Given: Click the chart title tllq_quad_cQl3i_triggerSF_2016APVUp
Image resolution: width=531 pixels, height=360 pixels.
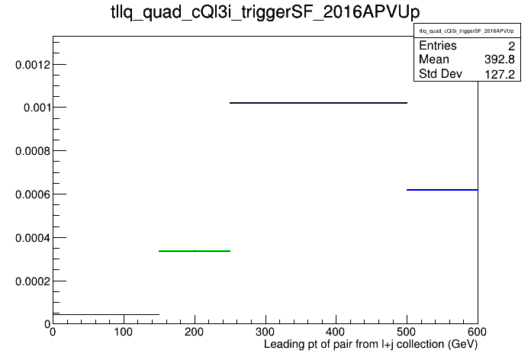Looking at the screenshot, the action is pyautogui.click(x=265, y=12).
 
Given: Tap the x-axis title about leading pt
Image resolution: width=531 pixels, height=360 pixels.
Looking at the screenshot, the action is pyautogui.click(x=371, y=345).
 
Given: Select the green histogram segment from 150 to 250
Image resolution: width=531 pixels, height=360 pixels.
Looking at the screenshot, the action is pyautogui.click(x=195, y=251).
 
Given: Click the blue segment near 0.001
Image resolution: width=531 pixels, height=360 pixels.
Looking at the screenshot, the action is pyautogui.click(x=318, y=103).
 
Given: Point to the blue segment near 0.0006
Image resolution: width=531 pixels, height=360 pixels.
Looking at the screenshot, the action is pyautogui.click(x=443, y=190).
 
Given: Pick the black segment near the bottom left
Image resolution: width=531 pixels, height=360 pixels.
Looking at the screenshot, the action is pyautogui.click(x=106, y=315).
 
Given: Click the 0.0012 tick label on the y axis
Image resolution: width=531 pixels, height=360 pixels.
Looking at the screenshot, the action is pyautogui.click(x=33, y=64).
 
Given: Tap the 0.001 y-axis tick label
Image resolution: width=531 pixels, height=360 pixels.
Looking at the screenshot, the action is pyautogui.click(x=37, y=108).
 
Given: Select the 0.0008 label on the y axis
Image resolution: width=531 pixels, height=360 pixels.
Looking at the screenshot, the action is pyautogui.click(x=33, y=151).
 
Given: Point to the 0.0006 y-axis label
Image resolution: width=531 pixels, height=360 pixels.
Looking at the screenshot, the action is pyautogui.click(x=33, y=194).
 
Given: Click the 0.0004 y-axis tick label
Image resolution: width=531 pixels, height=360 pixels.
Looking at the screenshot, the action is pyautogui.click(x=33, y=238).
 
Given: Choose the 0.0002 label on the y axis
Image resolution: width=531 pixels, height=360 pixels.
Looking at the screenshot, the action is pyautogui.click(x=33, y=281).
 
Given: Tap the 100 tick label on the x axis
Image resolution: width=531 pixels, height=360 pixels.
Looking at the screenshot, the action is pyautogui.click(x=124, y=332).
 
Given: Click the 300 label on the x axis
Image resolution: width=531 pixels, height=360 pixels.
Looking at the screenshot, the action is pyautogui.click(x=265, y=332).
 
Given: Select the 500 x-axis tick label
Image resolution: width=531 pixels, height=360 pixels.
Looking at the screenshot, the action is pyautogui.click(x=407, y=332).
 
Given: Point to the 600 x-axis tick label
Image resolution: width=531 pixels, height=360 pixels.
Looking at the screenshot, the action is pyautogui.click(x=477, y=332).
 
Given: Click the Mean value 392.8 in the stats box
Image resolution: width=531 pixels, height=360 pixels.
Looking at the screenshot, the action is pyautogui.click(x=500, y=59).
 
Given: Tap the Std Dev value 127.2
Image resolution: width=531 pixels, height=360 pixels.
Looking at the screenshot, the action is pyautogui.click(x=500, y=74).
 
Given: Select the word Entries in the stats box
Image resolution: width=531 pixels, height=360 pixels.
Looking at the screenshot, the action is pyautogui.click(x=438, y=45).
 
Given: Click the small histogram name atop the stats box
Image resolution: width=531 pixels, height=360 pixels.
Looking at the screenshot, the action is pyautogui.click(x=467, y=31).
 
